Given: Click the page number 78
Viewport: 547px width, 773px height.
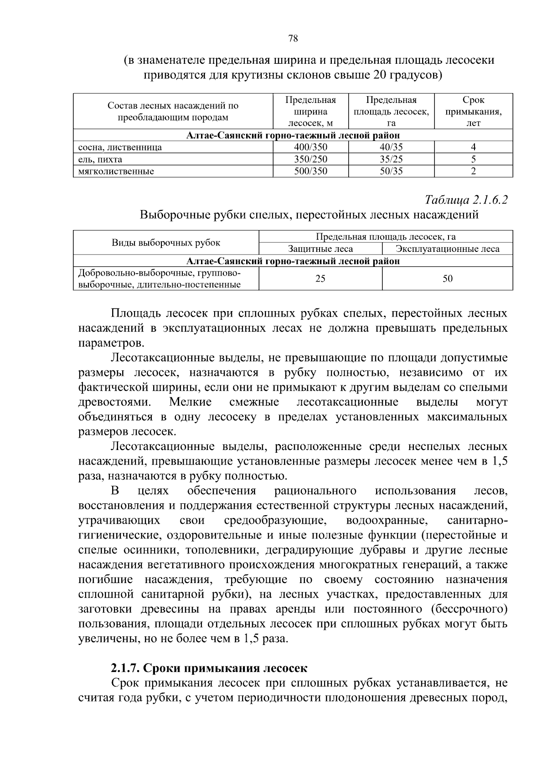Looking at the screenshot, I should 293,39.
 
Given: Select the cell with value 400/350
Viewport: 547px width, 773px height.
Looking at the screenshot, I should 310,147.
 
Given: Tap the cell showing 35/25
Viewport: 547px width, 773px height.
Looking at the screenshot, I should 391,159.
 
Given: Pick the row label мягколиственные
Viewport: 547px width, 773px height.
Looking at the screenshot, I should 116,172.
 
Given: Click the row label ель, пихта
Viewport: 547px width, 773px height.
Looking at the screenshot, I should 100,159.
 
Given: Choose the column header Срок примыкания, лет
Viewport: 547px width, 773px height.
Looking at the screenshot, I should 473,112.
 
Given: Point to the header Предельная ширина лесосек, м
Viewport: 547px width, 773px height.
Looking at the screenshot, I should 310,112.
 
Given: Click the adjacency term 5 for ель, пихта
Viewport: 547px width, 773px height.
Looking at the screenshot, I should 473,159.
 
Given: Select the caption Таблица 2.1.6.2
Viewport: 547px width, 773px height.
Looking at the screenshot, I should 466,200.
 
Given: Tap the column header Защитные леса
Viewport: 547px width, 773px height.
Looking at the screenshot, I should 320,249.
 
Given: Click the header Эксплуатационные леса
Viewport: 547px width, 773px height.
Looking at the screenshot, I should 447,249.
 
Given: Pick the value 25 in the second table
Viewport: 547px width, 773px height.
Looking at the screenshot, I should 320,279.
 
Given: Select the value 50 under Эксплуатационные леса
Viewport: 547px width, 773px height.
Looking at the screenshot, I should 447,279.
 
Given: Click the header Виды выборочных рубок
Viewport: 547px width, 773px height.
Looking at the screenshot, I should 166,243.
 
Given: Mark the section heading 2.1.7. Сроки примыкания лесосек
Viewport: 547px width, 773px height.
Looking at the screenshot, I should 209,668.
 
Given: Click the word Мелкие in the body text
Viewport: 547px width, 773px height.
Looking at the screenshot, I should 190,402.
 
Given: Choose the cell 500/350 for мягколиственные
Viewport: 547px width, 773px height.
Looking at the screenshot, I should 310,172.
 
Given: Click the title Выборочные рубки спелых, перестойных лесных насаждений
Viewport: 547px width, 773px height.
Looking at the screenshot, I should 309,215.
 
